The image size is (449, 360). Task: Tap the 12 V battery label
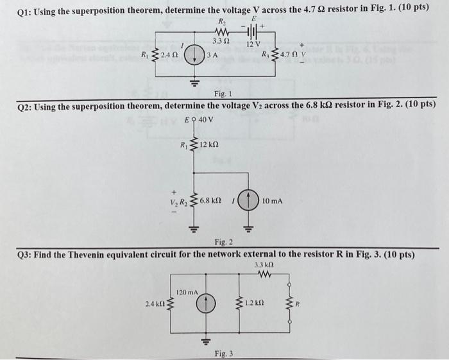point(253,44)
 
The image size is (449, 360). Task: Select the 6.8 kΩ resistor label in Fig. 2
point(210,201)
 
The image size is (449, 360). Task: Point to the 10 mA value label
point(272,201)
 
